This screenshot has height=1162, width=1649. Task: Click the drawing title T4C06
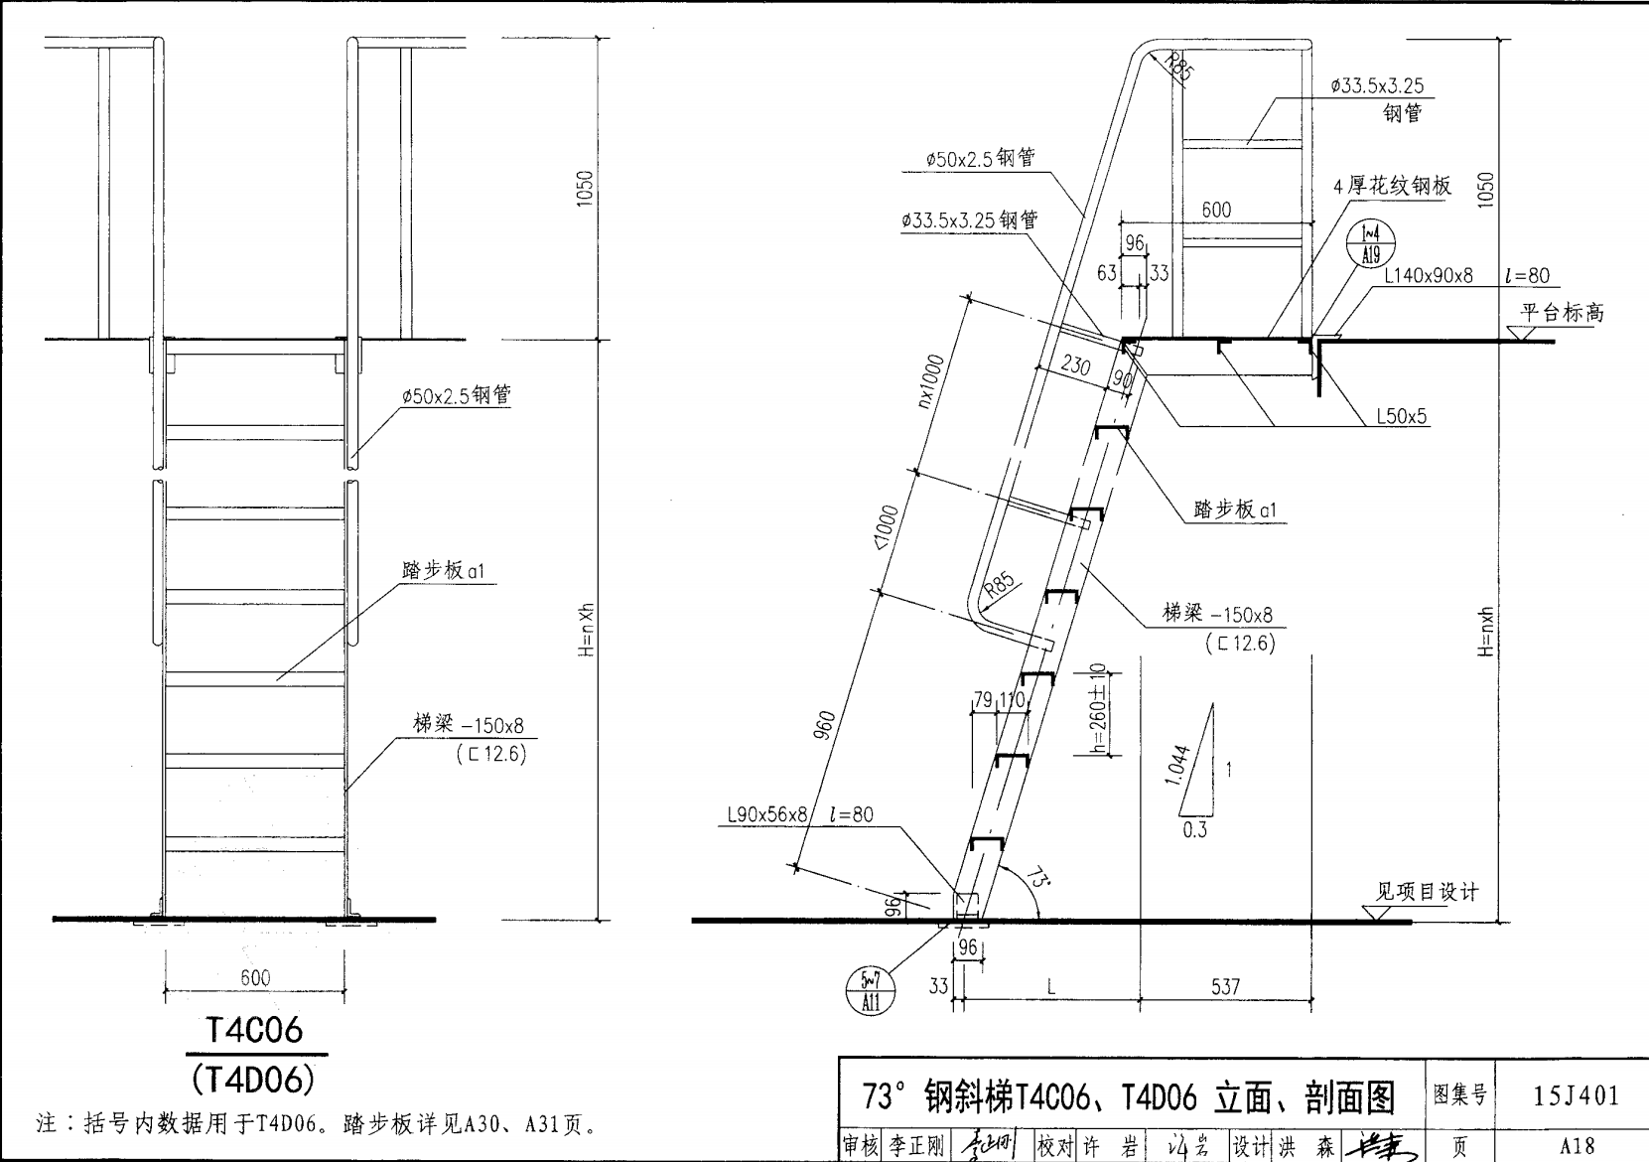point(254,1030)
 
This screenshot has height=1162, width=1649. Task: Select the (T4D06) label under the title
point(254,1077)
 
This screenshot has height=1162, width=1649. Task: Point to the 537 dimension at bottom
point(1225,986)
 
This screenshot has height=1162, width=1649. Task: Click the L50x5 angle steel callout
point(1401,416)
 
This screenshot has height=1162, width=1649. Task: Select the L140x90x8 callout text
point(1428,276)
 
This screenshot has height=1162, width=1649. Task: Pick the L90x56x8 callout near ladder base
point(767,814)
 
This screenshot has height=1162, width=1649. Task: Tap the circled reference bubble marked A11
point(870,992)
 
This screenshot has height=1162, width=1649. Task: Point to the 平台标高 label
point(1562,312)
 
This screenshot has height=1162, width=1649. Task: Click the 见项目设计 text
point(1426,891)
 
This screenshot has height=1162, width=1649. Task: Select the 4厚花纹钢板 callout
point(1392,186)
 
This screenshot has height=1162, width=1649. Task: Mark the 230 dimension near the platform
point(1075,365)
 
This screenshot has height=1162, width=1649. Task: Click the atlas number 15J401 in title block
point(1576,1095)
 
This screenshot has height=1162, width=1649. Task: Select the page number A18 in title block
point(1576,1145)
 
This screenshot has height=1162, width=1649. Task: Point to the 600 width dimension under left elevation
point(255,977)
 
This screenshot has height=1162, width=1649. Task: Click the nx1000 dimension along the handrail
point(934,381)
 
